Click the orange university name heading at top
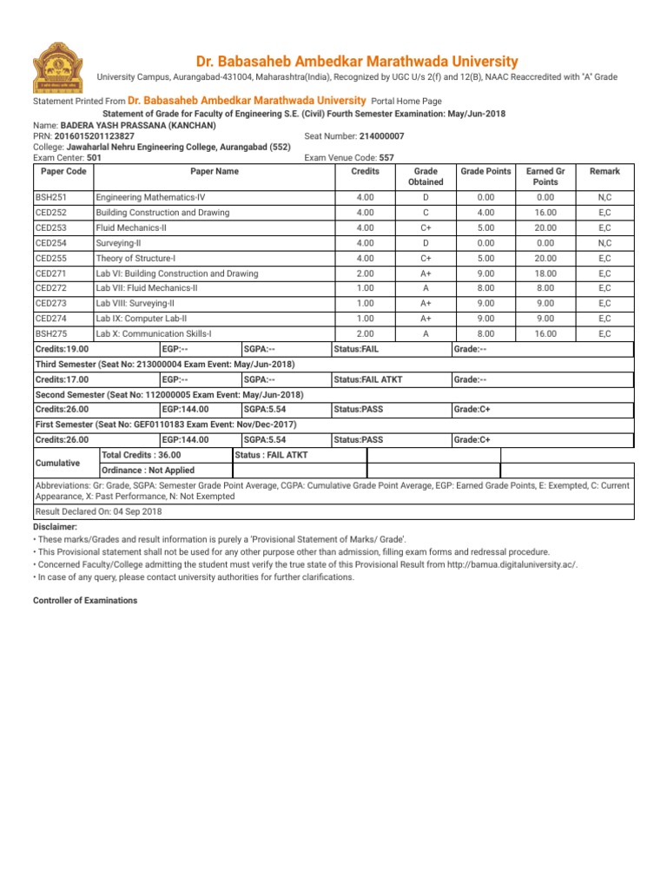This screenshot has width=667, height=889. (356, 62)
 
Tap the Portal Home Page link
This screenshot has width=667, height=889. (406, 102)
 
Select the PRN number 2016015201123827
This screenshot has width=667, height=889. (96, 136)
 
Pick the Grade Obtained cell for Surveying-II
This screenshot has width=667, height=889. (425, 243)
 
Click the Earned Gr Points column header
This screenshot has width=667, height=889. (545, 177)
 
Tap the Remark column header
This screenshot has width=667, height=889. (604, 172)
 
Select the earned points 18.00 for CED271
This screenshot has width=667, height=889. (545, 273)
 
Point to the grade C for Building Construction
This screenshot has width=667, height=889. (425, 213)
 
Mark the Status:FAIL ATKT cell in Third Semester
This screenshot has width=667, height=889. (367, 379)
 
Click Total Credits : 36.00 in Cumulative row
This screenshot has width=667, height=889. (142, 455)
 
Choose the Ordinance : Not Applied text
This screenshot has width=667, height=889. (148, 471)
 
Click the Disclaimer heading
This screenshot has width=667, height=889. (55, 527)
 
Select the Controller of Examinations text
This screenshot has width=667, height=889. (84, 601)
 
